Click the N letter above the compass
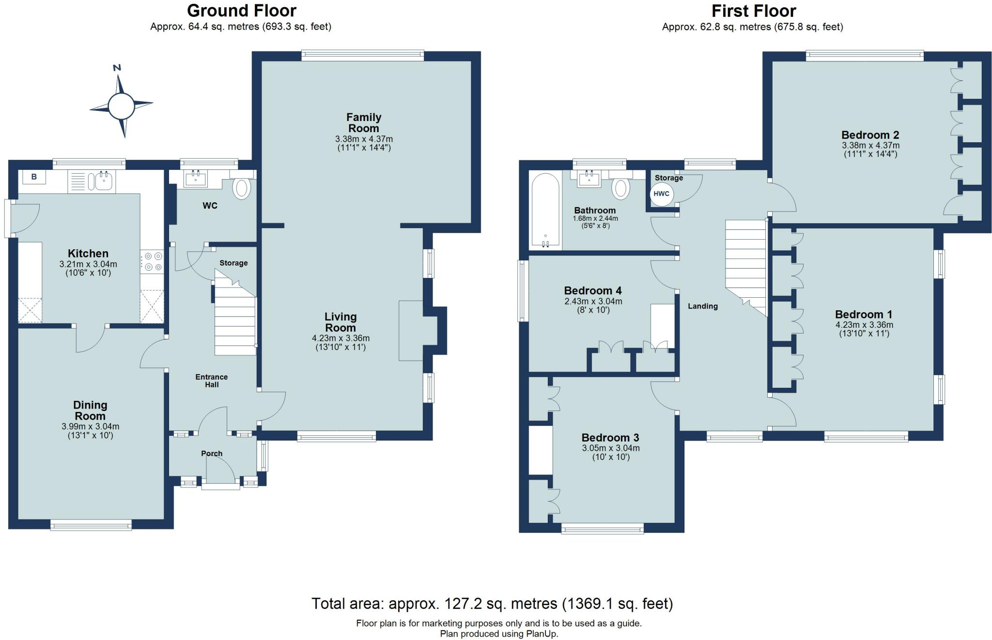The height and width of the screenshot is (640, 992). click(117, 68)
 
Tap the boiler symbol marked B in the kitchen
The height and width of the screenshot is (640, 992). click(34, 177)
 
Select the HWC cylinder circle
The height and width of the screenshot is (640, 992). click(661, 194)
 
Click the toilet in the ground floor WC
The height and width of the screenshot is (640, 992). click(242, 188)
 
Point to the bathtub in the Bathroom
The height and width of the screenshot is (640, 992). click(545, 211)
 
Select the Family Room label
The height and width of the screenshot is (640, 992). click(364, 122)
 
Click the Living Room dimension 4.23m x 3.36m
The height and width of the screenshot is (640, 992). click(341, 338)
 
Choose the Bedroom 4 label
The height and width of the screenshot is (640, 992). click(593, 290)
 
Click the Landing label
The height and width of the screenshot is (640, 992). click(702, 306)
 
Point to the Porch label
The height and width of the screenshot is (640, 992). click(212, 453)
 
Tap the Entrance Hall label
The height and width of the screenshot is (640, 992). click(212, 381)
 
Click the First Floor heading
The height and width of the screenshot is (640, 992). click(754, 11)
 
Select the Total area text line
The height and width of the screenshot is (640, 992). click(492, 604)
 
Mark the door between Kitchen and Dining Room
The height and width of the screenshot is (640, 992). click(91, 338)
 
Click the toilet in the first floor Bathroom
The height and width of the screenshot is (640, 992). click(620, 188)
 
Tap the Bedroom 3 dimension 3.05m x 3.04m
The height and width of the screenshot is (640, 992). click(610, 448)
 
